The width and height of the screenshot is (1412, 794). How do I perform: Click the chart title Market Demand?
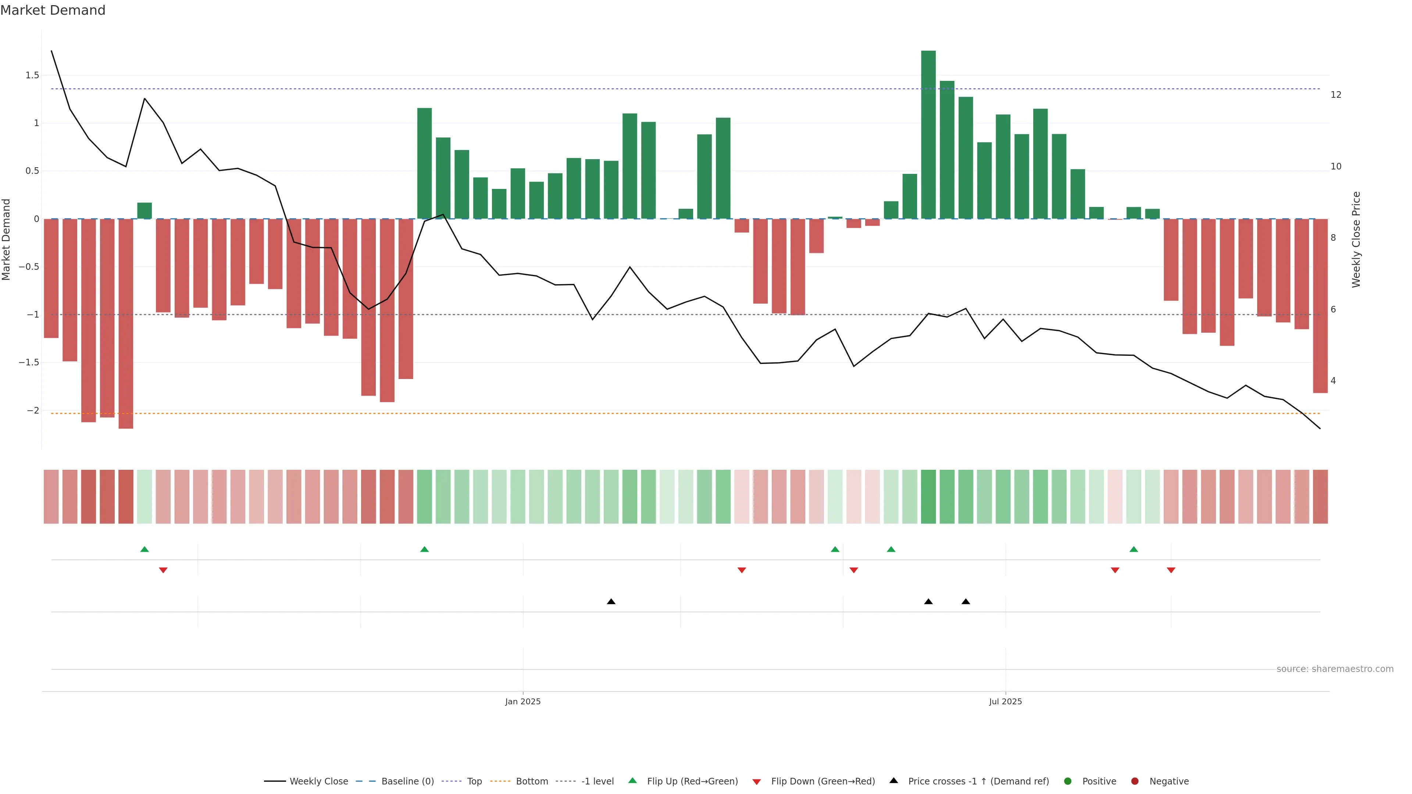(x=53, y=10)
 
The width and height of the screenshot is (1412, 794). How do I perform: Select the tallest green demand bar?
(x=928, y=134)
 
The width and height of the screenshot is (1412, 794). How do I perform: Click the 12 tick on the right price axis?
(x=1336, y=95)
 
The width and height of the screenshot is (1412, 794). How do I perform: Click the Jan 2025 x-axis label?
(x=523, y=701)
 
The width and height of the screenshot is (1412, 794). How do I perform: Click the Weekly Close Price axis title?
(x=1356, y=239)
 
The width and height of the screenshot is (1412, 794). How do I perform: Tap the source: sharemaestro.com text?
(x=1335, y=669)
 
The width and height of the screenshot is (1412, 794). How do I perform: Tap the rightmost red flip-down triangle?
(x=1171, y=571)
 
